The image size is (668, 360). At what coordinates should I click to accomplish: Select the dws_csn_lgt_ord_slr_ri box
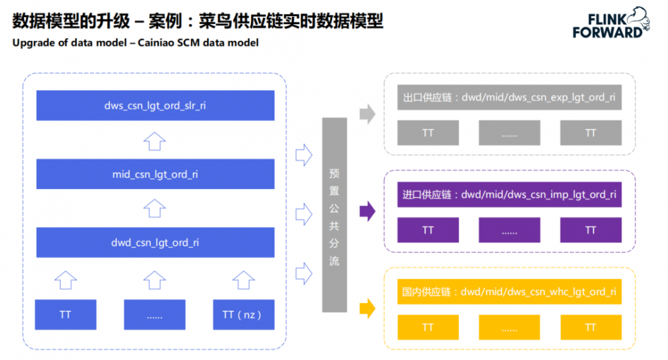(x=155, y=106)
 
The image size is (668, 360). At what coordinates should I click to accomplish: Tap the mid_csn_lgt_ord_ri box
(x=155, y=174)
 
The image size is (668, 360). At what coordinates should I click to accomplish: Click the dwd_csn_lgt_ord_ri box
(x=155, y=243)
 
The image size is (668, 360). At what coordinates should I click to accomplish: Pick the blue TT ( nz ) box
(x=242, y=315)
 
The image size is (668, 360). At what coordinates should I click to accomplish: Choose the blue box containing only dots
(x=154, y=315)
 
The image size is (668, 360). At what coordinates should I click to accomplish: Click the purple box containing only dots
(x=510, y=230)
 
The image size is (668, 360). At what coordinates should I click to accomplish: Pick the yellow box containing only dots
(x=510, y=328)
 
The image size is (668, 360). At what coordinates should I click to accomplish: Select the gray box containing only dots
(x=510, y=133)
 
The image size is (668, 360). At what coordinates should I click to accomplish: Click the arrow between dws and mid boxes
(x=155, y=141)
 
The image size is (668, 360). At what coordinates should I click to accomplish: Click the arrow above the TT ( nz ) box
(x=242, y=279)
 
